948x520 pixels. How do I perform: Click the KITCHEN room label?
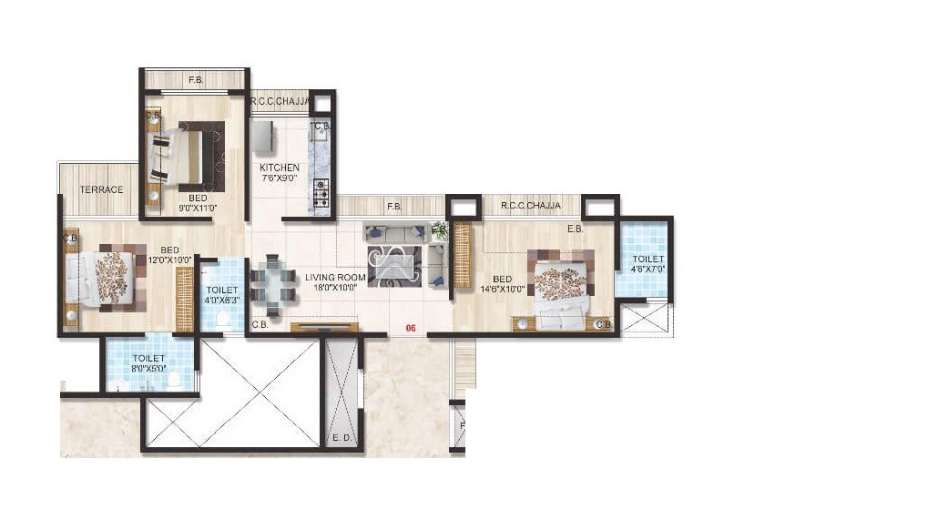(x=279, y=168)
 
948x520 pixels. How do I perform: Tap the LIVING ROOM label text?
(x=335, y=277)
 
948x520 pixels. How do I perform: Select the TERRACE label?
(x=101, y=189)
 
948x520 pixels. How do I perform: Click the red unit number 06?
(x=411, y=330)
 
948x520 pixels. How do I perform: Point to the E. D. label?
(x=342, y=438)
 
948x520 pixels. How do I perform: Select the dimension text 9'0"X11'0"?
(x=198, y=209)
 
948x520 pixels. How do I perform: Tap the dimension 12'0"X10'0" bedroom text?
(x=169, y=260)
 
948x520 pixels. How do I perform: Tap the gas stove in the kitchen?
(x=321, y=190)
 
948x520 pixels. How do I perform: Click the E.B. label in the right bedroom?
(x=576, y=229)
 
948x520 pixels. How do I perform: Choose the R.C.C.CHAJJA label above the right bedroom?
(x=530, y=207)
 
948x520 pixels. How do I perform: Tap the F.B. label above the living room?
(x=393, y=207)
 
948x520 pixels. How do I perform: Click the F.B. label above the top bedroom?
(x=195, y=81)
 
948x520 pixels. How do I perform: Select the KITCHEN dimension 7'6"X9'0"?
(x=279, y=178)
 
